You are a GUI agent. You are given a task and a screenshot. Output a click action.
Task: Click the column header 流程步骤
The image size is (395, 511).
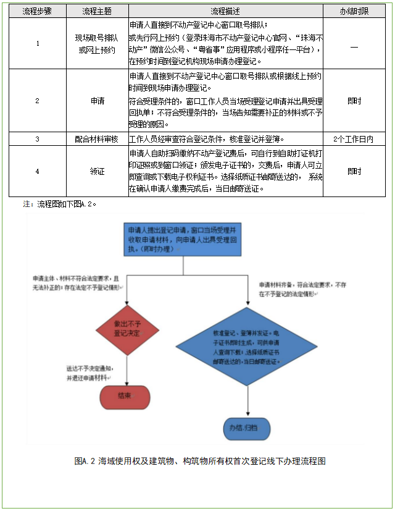[38, 11]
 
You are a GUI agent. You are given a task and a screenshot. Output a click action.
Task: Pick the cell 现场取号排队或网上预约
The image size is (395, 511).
[97, 44]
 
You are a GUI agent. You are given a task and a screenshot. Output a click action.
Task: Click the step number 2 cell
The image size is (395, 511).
[38, 100]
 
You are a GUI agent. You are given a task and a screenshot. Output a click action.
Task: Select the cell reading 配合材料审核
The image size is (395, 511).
[97, 139]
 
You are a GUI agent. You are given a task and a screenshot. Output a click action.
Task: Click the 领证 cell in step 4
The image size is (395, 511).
[97, 171]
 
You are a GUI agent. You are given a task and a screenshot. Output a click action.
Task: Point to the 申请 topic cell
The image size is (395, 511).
[97, 100]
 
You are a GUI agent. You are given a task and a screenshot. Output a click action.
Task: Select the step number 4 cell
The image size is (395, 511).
[38, 171]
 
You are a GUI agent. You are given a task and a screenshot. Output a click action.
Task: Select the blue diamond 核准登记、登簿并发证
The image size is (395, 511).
[247, 348]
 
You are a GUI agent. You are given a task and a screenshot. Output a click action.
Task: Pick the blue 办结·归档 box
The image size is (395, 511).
[247, 428]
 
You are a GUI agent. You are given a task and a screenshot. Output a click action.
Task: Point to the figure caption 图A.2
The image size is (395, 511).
[199, 461]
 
